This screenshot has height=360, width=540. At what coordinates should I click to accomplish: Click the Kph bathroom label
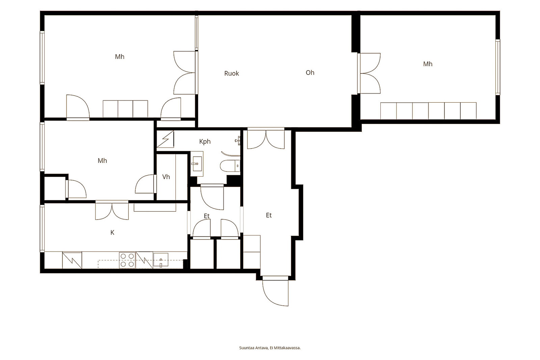[205, 142]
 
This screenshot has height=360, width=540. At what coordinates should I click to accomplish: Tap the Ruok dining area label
[232, 73]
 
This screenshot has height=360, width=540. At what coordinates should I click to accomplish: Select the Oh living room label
[310, 73]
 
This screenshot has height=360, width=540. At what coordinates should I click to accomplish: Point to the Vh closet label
[166, 177]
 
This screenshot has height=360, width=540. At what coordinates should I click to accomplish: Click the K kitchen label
[112, 232]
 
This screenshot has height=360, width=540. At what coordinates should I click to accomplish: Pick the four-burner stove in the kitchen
[127, 260]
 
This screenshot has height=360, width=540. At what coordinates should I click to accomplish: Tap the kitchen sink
[161, 260]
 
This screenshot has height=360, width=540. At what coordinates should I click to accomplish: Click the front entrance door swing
[275, 293]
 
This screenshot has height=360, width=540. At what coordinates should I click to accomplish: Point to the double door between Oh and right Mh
[369, 73]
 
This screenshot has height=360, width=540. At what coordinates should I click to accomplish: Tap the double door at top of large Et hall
[266, 139]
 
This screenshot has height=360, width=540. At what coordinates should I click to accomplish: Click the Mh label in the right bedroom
[428, 64]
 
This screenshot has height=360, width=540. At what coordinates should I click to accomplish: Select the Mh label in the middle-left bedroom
[102, 161]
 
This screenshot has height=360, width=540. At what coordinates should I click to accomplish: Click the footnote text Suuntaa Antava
[253, 348]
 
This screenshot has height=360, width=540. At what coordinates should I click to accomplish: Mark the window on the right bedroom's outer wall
[497, 67]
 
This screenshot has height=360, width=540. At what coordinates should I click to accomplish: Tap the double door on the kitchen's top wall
[112, 210]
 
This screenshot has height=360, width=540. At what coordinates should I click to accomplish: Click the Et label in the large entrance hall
[269, 215]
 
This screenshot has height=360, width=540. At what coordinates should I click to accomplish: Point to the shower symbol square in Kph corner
[165, 139]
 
